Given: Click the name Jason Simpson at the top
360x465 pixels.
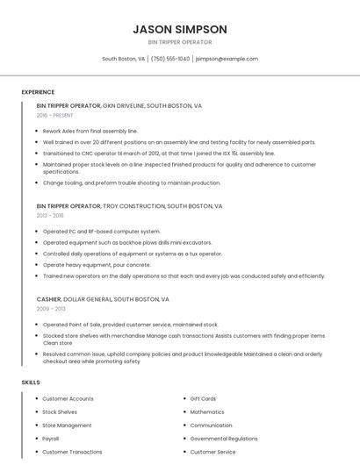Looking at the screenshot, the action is coord(180,29).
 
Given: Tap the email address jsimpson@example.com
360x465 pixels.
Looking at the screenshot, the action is coord(227,59).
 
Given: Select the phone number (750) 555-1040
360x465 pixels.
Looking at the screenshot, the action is coord(170,59).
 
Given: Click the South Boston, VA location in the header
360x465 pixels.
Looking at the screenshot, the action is coord(123,59).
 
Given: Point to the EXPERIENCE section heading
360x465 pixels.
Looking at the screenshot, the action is coord(38,92).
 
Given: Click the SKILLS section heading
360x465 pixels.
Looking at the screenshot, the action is coord(31,383).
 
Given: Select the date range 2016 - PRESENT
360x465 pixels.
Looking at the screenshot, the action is coord(56,115).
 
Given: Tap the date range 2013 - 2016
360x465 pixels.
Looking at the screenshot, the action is coord(49,215).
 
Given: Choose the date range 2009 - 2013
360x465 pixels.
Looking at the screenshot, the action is coord(50,309).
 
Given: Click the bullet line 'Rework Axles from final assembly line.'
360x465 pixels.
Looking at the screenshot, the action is coord(90,131).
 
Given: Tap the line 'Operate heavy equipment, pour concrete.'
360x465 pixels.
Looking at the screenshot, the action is coord(97,264).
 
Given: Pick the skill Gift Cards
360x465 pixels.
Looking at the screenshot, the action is coord(203,398).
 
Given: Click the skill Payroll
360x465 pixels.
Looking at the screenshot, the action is coord(51,439).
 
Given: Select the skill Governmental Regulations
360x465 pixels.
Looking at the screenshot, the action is coord(224,439).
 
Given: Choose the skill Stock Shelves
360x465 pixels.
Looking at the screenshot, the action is coord(60,411).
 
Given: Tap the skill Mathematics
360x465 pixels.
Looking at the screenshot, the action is coord(207,411).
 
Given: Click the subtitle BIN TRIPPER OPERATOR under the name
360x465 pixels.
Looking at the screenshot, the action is coord(180,42).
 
